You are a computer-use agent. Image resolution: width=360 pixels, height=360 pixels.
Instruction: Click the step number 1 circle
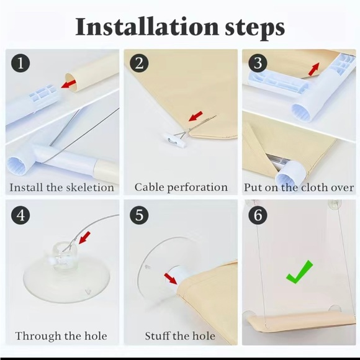[x=20, y=63]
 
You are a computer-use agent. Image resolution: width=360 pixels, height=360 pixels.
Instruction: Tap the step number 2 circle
[x=139, y=63]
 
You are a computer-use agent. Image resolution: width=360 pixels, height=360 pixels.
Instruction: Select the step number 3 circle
[x=258, y=63]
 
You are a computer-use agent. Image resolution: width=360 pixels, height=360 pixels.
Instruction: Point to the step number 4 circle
[x=20, y=215]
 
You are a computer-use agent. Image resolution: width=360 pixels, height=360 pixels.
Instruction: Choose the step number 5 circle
[x=139, y=215]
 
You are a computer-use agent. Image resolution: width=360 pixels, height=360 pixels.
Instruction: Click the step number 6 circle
[x=258, y=215]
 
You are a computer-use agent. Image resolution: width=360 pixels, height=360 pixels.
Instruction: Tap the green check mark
[x=299, y=272]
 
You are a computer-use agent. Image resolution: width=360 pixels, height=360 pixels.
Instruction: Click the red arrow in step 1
[x=69, y=84]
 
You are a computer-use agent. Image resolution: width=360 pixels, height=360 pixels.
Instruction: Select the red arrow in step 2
[x=196, y=116]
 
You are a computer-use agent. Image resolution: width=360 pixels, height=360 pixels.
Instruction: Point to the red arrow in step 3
[x=313, y=69]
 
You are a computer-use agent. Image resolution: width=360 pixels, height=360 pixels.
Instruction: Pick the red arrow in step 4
[x=84, y=238]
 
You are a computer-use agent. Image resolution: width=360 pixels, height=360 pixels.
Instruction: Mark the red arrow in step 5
[x=171, y=279]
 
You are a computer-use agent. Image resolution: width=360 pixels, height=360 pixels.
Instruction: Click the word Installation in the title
[x=146, y=27]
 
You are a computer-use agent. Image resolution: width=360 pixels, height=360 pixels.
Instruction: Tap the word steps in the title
[x=255, y=29]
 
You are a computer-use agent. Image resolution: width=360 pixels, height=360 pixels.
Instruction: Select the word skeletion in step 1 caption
[x=90, y=187]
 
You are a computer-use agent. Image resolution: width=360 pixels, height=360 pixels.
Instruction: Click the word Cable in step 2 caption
[x=149, y=187]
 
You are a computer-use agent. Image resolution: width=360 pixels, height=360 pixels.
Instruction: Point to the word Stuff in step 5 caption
[x=157, y=336]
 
